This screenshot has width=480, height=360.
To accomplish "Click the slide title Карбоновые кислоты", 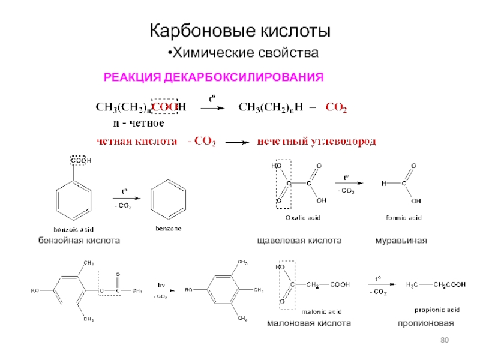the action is point(240,31).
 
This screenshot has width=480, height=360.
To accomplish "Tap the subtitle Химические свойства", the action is point(242,53).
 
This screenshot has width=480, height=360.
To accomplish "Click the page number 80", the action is point(445,341).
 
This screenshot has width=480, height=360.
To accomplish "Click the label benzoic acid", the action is point(73,230).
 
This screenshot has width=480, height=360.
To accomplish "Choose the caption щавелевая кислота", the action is point(299,240).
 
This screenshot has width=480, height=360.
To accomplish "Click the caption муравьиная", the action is point(401,240).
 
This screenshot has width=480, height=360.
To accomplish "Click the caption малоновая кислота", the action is point(308,323).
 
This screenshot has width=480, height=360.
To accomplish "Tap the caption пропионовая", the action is point(425,323).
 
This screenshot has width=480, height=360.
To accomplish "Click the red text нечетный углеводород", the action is point(317,142).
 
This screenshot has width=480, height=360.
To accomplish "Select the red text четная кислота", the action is point(138,142).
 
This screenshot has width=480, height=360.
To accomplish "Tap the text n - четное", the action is point(139,123).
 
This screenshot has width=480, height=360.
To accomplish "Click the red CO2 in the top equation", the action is point(335,108).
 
